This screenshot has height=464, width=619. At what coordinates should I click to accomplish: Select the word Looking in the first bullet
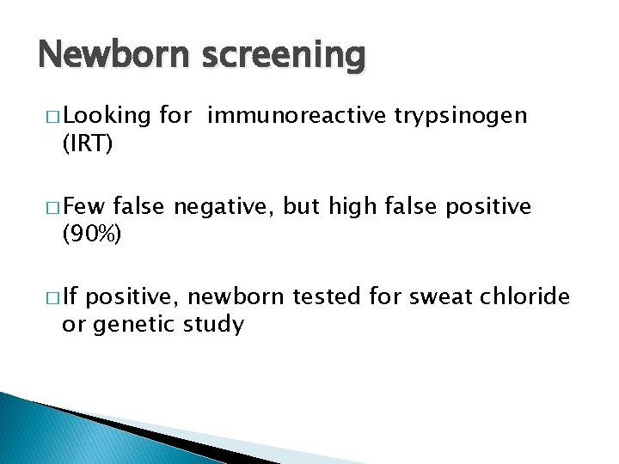(x=107, y=117)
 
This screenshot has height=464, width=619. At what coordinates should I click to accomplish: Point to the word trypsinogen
(x=461, y=117)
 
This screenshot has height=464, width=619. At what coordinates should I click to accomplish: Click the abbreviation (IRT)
(x=87, y=144)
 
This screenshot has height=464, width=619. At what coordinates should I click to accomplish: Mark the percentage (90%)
(x=93, y=235)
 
